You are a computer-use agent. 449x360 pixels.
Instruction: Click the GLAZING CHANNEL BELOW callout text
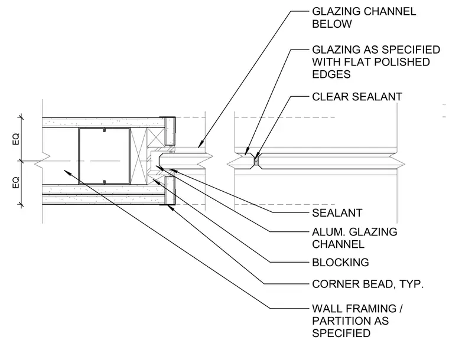click(364, 18)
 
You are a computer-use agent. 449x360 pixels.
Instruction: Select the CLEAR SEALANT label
click(357, 97)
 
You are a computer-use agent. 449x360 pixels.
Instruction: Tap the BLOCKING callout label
click(340, 262)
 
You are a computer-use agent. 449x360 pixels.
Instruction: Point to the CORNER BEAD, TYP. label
click(367, 284)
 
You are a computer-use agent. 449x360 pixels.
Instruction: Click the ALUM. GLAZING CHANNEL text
click(354, 238)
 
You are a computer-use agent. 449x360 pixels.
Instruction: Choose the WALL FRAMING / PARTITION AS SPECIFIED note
click(357, 321)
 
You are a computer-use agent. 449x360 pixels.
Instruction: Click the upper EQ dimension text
click(16, 139)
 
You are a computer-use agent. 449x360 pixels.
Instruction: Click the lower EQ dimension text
click(16, 182)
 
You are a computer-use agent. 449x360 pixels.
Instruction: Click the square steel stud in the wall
click(104, 156)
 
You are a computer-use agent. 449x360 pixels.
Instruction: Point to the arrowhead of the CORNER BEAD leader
click(171, 207)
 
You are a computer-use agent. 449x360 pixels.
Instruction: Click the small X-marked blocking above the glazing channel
click(156, 138)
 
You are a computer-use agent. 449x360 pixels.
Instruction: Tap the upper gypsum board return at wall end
click(170, 131)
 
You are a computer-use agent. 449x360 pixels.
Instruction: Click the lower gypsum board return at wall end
click(170, 191)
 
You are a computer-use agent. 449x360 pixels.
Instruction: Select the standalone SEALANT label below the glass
click(337, 212)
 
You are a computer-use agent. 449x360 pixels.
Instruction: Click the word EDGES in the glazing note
click(331, 74)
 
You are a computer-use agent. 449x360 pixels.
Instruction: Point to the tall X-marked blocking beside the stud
click(138, 156)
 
